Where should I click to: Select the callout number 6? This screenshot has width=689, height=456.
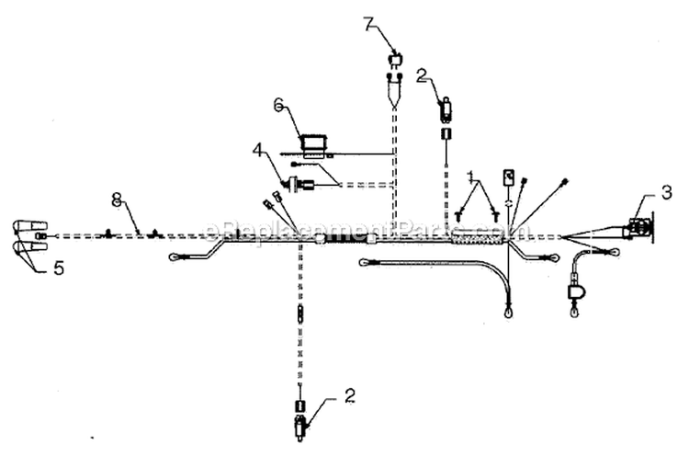click(x=279, y=106)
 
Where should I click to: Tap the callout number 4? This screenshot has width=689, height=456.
click(x=258, y=151)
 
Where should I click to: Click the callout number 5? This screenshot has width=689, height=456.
click(x=59, y=268)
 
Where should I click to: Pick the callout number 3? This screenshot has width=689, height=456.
click(x=667, y=192)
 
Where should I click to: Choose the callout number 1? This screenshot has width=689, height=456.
click(x=470, y=177)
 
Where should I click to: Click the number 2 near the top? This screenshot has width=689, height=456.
click(x=422, y=76)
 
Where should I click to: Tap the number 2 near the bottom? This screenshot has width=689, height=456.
click(x=349, y=395)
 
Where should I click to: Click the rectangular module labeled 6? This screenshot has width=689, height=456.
click(x=313, y=145)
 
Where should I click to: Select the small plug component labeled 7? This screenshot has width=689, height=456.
click(x=396, y=61)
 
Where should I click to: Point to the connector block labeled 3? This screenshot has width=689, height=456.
click(x=638, y=228)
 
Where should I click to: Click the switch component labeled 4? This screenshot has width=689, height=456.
click(x=299, y=183)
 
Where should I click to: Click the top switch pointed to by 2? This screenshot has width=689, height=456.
click(x=446, y=107)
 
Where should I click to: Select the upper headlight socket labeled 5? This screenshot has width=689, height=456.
click(x=29, y=226)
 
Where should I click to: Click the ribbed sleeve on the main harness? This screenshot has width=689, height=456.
click(x=478, y=239)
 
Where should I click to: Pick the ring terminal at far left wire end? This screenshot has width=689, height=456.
click(x=175, y=256)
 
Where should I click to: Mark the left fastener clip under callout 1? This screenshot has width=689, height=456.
click(x=459, y=215)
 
